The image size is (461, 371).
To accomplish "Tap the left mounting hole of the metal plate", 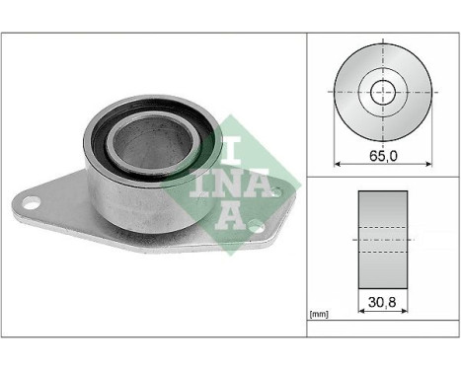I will pos(32,205).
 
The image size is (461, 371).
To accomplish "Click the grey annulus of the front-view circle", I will pos(354,109).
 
